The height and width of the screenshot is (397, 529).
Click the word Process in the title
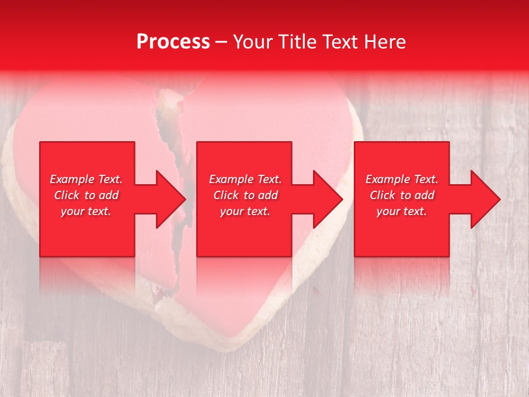(x=173, y=41)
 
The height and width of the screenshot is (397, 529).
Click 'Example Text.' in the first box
(x=86, y=179)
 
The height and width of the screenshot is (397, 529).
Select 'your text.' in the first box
(x=86, y=211)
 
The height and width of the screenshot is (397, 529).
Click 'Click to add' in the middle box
(x=245, y=195)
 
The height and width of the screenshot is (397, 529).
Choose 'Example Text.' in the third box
(x=402, y=179)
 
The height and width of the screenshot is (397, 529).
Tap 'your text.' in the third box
(x=402, y=211)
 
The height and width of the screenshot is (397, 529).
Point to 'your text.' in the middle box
(x=245, y=211)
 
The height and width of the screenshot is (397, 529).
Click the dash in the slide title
(x=222, y=42)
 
